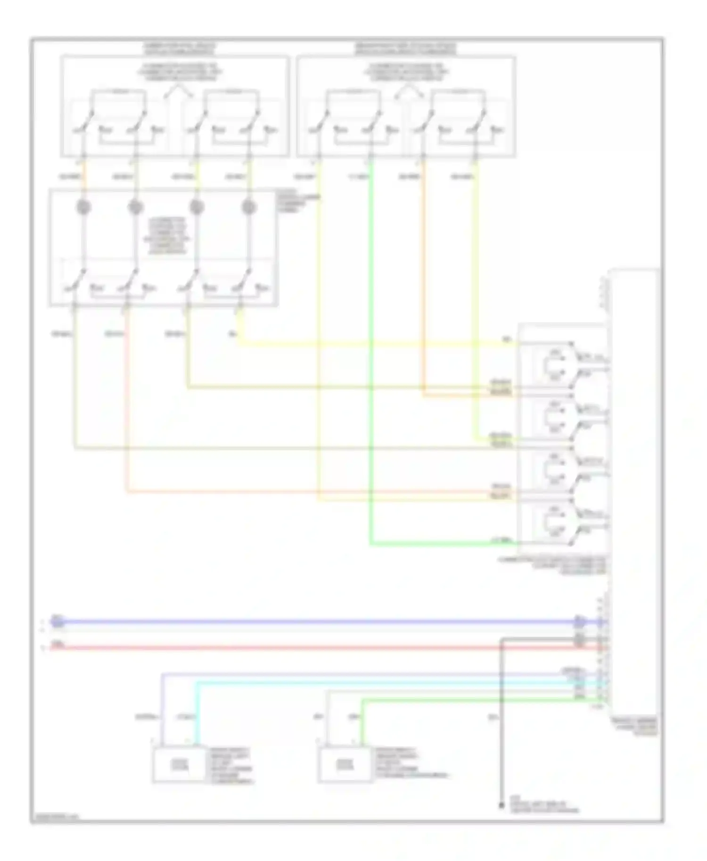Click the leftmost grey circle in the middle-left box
click(84, 207)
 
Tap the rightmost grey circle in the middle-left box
click(248, 207)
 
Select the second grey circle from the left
click(136, 207)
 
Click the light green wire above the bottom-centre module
click(362, 721)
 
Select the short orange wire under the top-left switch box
click(84, 177)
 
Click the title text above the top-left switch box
click(179, 49)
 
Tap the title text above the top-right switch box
click(406, 49)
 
